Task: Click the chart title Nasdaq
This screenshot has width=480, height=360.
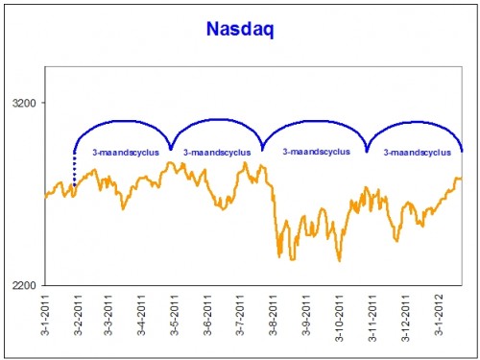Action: point(239,31)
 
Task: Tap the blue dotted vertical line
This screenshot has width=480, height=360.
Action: point(74,170)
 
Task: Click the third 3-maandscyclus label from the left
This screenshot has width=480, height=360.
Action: point(317,151)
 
